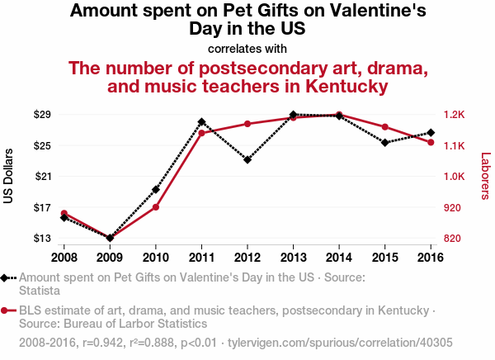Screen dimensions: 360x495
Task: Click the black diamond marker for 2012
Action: (247, 159)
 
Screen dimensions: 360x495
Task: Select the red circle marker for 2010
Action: (156, 206)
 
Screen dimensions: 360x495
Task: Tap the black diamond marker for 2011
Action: (201, 122)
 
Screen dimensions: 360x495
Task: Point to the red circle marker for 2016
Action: (431, 142)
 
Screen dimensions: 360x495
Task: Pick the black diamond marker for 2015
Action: (384, 143)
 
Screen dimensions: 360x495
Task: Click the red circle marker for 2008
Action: (64, 214)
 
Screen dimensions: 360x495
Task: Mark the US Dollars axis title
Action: (8, 176)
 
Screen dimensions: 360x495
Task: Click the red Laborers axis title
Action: (485, 176)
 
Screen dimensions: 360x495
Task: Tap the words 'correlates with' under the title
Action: (247, 48)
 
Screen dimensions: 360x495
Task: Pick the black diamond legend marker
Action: (6, 278)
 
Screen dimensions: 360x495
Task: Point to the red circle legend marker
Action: (6, 310)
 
